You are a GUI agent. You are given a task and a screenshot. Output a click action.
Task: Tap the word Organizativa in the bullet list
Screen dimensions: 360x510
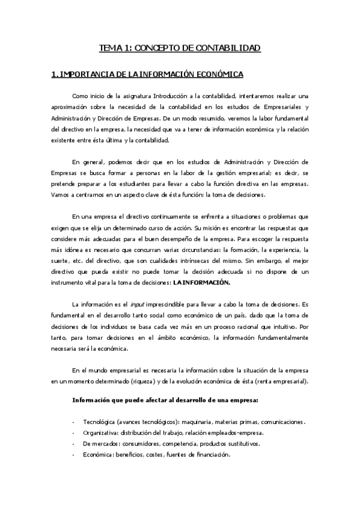coord(102,433)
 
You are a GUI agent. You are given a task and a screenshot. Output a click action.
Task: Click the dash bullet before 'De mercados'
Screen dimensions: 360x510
coord(73,444)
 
